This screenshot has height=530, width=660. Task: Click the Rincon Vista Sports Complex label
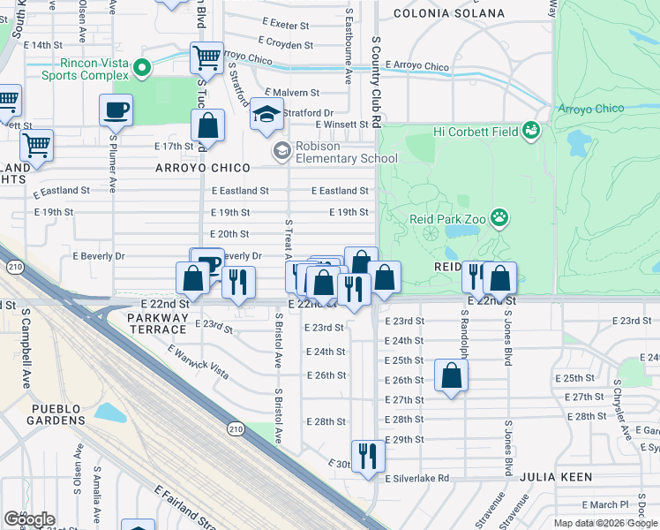tap(85, 69)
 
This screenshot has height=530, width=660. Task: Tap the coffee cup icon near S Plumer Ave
tap(116, 110)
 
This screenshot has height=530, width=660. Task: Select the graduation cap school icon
tap(266, 115)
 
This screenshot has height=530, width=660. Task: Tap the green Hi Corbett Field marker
tap(530, 131)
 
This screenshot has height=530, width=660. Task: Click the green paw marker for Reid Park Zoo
tap(499, 217)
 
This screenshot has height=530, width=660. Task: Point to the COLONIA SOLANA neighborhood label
tap(448, 13)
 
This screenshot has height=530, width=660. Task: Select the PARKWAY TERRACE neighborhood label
tap(158, 317)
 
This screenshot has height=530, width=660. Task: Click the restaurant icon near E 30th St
tap(368, 456)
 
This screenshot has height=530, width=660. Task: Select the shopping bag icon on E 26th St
tap(451, 375)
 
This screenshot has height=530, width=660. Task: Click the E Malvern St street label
tap(291, 92)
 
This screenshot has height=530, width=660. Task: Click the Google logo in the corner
tap(29, 519)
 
